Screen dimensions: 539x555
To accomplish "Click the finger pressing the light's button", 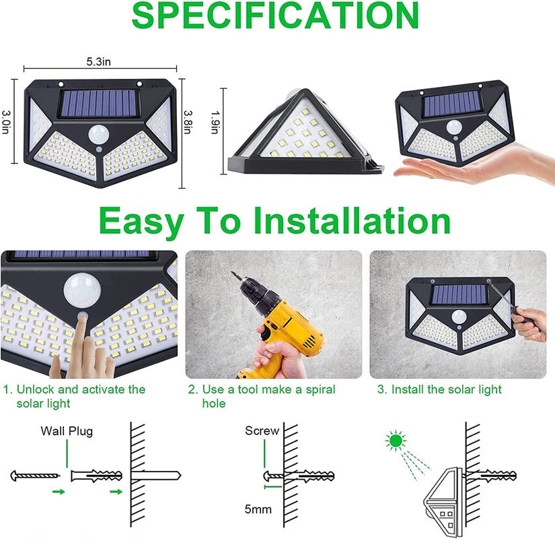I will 84,344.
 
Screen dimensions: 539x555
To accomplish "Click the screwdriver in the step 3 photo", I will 518,309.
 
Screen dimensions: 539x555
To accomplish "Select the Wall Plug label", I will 67,431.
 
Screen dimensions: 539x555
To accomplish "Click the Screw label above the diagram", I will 262,431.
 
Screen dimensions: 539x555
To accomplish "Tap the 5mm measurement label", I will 258,509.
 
